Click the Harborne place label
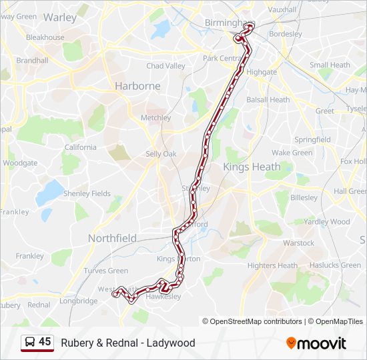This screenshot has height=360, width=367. pyautogui.click(x=137, y=86)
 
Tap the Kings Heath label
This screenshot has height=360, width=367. pyautogui.click(x=249, y=166)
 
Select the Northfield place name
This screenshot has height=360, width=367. pyautogui.click(x=112, y=238)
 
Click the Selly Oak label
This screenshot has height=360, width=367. pyautogui.click(x=161, y=154)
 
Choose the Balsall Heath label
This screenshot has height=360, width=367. pyautogui.click(x=268, y=100)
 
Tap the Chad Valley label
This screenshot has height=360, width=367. pyautogui.click(x=165, y=66)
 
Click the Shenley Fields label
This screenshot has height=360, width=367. pyautogui.click(x=87, y=193)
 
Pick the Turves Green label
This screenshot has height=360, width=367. pyautogui.click(x=106, y=271)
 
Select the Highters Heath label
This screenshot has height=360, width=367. pyautogui.click(x=272, y=265)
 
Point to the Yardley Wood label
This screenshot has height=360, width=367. pyautogui.click(x=327, y=221)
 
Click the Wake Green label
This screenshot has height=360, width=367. pyautogui.click(x=292, y=153)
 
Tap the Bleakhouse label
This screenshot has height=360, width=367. pyautogui.click(x=45, y=37)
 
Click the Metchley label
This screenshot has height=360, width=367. pyautogui.click(x=156, y=118)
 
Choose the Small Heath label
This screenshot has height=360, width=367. pyautogui.click(x=330, y=65)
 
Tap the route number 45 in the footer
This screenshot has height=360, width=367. pyautogui.click(x=45, y=342)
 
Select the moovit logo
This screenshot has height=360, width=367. pyautogui.click(x=316, y=343)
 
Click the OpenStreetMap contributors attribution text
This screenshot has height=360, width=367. pyautogui.click(x=256, y=321)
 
